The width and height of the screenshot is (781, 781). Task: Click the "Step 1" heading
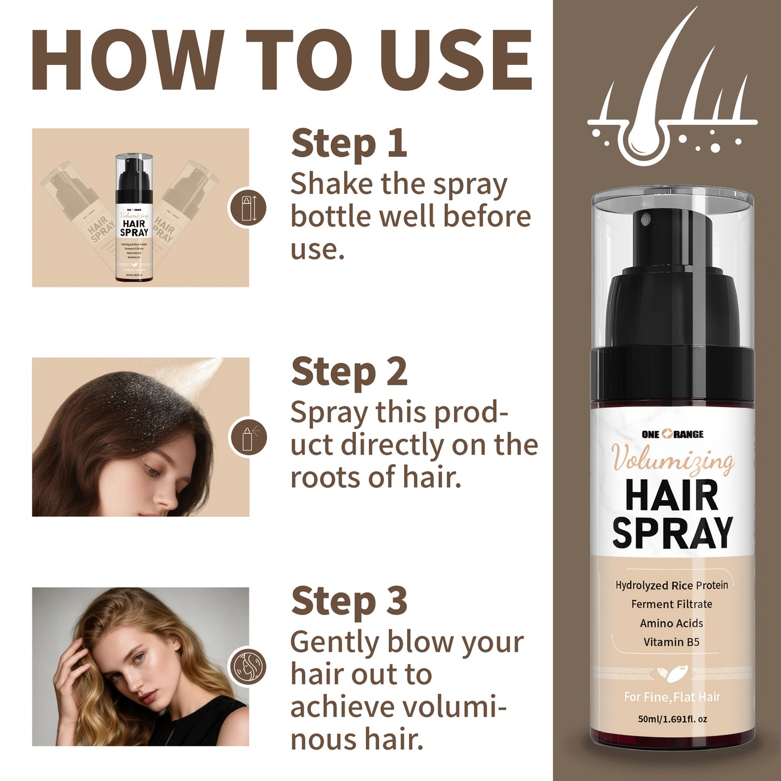(x=349, y=144)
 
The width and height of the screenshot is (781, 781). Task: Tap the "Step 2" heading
(x=349, y=372)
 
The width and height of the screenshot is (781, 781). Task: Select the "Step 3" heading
(x=349, y=601)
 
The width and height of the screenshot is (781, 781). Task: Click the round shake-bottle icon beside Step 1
(x=247, y=208)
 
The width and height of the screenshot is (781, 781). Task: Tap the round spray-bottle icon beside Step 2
(x=248, y=437)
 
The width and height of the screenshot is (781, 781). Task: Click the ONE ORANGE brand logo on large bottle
(x=672, y=434)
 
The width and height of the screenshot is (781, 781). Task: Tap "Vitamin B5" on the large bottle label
(x=671, y=642)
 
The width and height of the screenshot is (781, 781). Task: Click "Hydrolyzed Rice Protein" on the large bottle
(x=671, y=585)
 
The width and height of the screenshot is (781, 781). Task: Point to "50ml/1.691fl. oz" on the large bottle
(x=672, y=719)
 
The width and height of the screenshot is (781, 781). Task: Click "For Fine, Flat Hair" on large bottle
(x=672, y=697)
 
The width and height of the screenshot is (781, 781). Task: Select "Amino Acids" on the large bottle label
(x=671, y=623)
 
